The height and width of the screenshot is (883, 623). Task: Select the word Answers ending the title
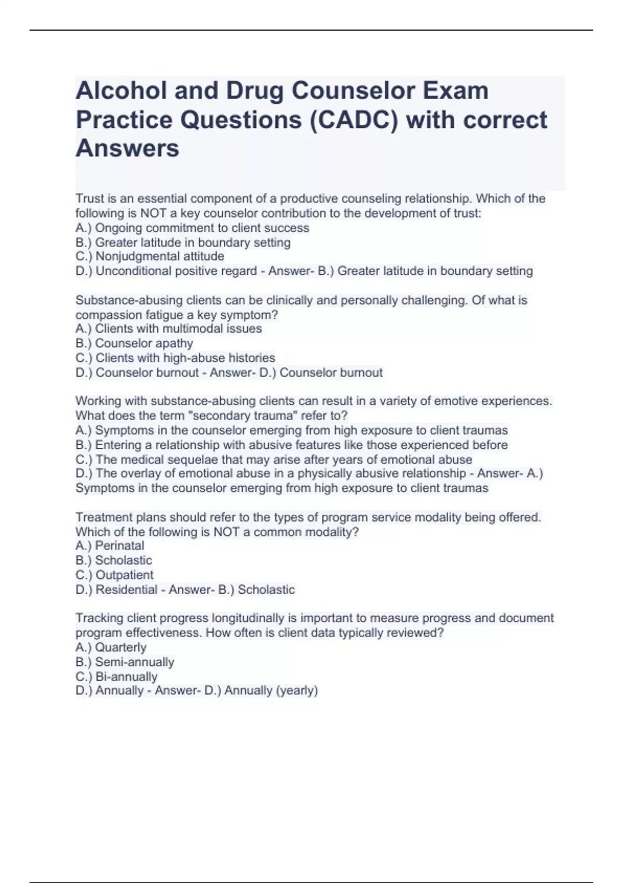127,149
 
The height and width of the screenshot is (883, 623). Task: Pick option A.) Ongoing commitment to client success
192,228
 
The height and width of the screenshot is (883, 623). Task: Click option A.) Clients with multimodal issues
168,329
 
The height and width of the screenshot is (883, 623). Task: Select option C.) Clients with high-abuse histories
175,358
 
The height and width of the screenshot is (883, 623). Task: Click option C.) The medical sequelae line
274,460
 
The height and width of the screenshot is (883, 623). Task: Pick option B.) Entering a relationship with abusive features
291,445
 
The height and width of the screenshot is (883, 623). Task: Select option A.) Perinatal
110,546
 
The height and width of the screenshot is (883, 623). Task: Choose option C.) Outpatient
114,575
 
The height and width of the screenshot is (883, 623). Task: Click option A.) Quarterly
111,648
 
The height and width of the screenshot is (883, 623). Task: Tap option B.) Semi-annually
125,662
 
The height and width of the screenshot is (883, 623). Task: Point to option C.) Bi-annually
116,677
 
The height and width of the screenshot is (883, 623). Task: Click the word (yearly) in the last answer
297,691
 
